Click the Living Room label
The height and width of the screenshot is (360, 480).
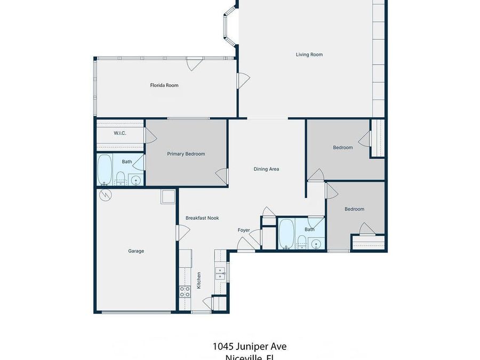point(309,54)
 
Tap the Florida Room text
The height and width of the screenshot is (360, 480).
point(164,85)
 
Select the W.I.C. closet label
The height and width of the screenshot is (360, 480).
point(120,133)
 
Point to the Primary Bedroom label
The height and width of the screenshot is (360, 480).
point(186,154)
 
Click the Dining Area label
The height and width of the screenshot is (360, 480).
point(266,169)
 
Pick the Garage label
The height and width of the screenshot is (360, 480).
point(136,251)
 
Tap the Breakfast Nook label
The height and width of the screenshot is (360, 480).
point(202,218)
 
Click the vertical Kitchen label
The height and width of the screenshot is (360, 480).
point(199,281)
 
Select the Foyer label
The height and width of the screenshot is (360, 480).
point(244,230)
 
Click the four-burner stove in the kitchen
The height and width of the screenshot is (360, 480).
point(185,291)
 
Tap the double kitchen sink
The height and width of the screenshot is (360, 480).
point(220,274)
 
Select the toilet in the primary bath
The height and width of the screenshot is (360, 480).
point(121,178)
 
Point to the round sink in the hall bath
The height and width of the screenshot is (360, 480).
point(316,245)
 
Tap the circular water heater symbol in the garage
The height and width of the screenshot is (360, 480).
point(106,196)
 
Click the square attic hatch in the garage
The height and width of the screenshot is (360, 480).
point(168,196)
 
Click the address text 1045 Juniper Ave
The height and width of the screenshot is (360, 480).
point(250,346)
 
